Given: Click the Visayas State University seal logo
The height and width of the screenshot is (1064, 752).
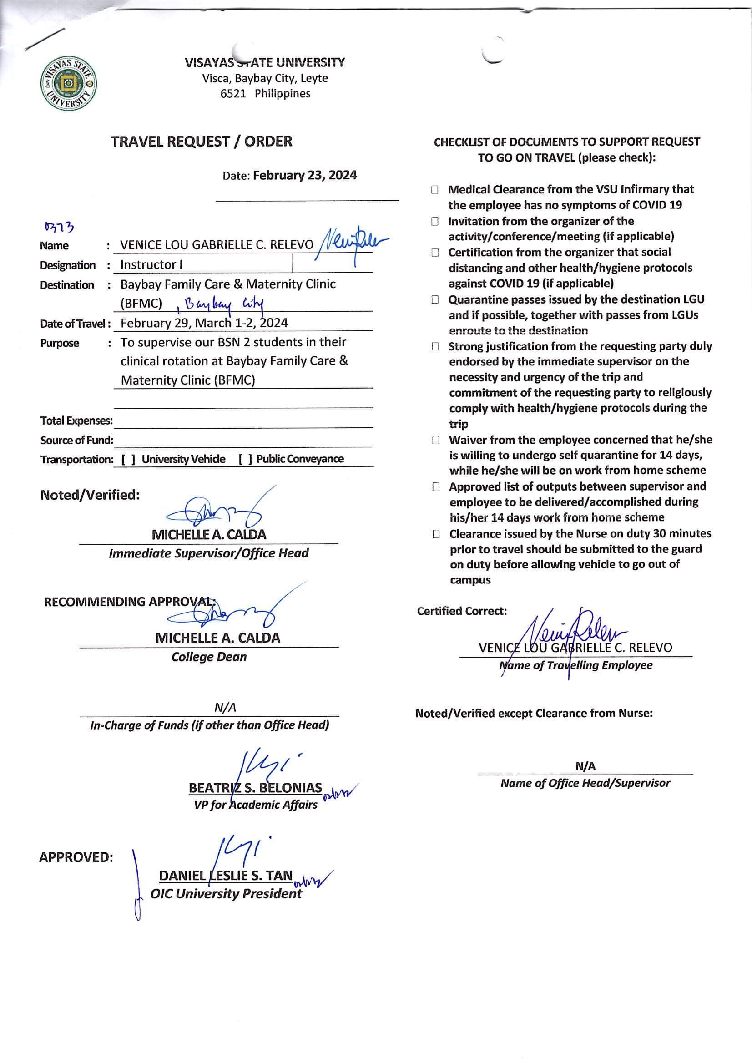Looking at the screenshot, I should click(69, 84).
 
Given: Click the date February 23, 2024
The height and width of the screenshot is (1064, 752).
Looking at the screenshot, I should click(304, 176).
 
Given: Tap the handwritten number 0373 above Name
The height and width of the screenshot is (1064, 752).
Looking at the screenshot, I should click(59, 227).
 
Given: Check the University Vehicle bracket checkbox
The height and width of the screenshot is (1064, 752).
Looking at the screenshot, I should click(128, 459).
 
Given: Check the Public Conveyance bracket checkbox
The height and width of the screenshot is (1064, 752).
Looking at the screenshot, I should click(246, 459).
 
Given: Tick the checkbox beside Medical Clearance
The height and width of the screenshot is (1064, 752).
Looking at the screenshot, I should click(434, 189).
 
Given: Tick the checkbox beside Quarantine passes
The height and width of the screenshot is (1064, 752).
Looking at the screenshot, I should click(434, 300).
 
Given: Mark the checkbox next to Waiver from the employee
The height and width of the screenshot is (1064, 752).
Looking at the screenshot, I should click(435, 440).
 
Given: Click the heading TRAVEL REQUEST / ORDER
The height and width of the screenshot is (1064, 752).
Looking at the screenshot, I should click(202, 142).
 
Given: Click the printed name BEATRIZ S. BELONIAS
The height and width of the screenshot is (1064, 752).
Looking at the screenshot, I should click(255, 788).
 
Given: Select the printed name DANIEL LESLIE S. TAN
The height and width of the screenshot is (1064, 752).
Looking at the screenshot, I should click(226, 876).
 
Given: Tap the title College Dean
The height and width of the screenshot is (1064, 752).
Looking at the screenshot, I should click(209, 657).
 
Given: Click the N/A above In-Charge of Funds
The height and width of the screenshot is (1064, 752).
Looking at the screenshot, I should click(225, 708).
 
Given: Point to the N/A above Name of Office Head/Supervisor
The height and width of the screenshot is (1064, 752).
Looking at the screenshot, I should click(585, 766).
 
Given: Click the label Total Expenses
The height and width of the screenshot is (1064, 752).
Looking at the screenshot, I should click(76, 421).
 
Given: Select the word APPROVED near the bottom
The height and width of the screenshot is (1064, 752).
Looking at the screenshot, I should click(76, 857).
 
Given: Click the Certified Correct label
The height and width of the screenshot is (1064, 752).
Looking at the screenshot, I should click(461, 611).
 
